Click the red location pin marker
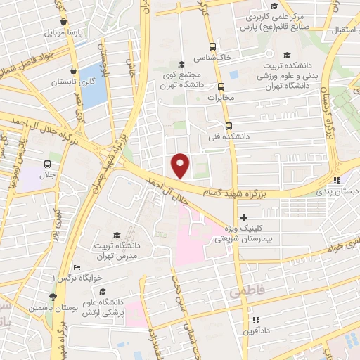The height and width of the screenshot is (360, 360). click(x=181, y=165)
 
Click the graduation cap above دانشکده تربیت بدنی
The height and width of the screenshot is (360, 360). click(x=286, y=56)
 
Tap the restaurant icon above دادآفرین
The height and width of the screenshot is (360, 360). click(x=257, y=319)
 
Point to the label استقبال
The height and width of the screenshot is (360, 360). click(x=340, y=30)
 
